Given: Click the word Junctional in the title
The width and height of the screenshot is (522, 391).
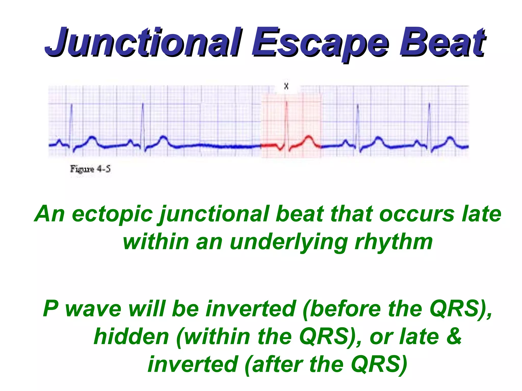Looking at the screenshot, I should (x=143, y=42).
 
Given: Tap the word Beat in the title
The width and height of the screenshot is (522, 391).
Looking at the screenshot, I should (x=442, y=42).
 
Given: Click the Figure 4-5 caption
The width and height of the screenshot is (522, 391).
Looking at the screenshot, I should (x=90, y=169).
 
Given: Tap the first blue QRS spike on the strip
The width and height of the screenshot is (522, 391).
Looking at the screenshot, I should (x=71, y=122).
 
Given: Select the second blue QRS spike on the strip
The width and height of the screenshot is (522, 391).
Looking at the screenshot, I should (x=143, y=122).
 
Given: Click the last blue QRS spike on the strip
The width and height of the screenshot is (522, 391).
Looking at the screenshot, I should (x=429, y=122).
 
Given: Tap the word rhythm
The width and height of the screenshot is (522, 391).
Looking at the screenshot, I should (x=394, y=242).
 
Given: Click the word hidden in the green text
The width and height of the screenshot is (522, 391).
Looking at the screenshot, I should (x=131, y=337).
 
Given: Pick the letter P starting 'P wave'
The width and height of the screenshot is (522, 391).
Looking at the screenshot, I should (x=50, y=309).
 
